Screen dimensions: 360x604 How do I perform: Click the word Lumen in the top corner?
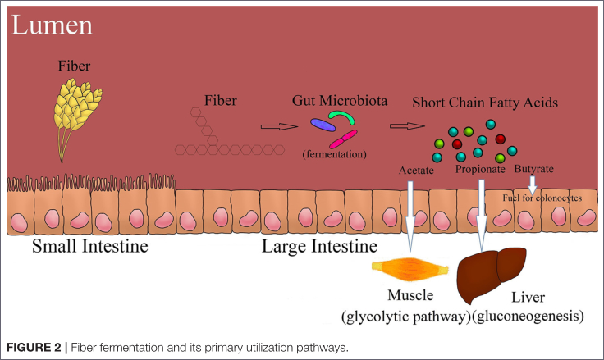coord(52,25)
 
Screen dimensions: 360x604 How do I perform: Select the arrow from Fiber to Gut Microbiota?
coord(276,126)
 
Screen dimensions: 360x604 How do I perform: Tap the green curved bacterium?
coord(338,120)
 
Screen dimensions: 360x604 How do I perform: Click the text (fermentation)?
coord(334,153)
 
